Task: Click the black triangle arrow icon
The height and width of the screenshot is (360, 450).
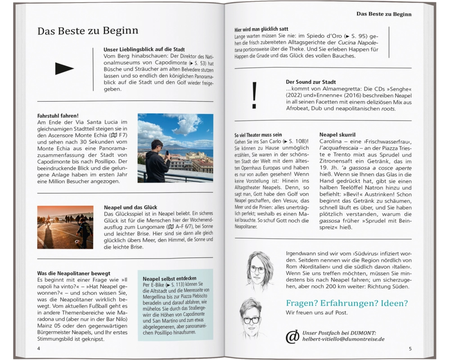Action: click(64, 68)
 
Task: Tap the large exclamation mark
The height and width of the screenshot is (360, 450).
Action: click(254, 96)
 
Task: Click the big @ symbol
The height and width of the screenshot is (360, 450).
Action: click(292, 336)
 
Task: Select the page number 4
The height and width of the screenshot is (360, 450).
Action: click(39, 349)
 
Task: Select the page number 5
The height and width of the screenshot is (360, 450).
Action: click(410, 349)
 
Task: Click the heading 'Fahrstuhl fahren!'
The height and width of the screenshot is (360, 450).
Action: click(58, 116)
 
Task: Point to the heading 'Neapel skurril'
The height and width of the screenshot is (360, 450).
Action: click(337, 135)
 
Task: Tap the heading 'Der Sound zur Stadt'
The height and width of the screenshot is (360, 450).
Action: click(310, 82)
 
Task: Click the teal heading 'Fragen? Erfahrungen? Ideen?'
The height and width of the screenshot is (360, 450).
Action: click(346, 303)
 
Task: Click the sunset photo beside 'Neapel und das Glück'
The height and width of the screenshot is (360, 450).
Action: click(65, 227)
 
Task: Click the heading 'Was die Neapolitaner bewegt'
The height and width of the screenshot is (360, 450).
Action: click(73, 273)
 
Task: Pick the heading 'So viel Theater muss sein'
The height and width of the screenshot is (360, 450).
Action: click(258, 135)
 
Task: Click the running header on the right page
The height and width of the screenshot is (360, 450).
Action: click(384, 14)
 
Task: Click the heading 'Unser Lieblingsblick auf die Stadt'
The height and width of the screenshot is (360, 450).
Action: click(144, 49)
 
